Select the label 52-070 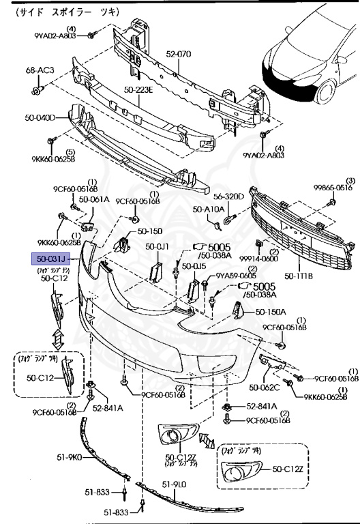click(179, 53)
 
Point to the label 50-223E click(138, 88)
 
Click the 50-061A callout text click(93, 200)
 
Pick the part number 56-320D click(228, 196)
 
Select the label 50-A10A click(208, 209)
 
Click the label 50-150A click(271, 312)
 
